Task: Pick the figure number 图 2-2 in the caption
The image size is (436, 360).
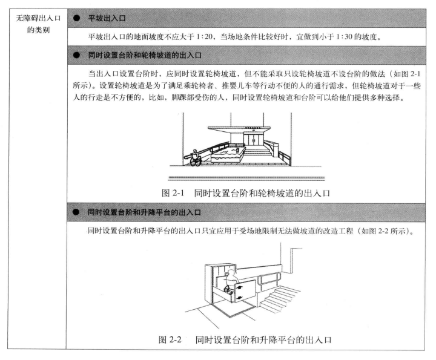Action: pyautogui.click(x=173, y=339)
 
